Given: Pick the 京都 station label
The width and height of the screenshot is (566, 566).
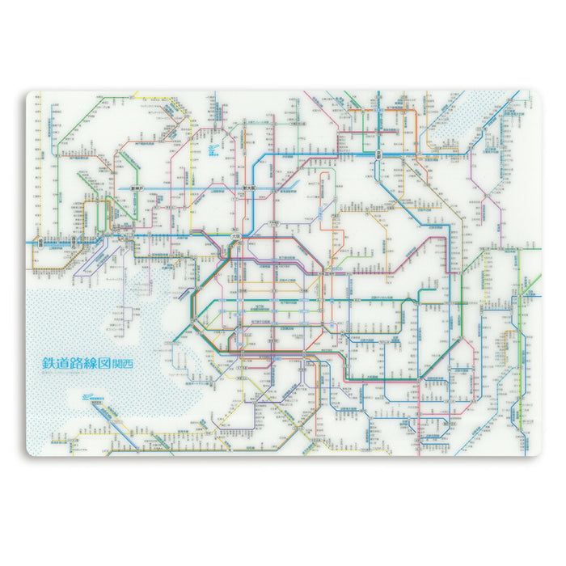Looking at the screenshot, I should tap(378, 153).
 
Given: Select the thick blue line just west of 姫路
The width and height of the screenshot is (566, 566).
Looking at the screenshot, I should tap(34, 241).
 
